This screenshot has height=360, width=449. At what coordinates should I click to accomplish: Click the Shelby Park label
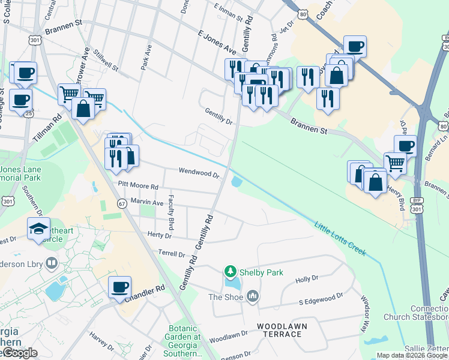coord(261,272)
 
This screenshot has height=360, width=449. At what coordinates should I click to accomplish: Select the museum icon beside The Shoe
coord(253,296)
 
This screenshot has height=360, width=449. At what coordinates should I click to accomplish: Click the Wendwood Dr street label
coord(199,173)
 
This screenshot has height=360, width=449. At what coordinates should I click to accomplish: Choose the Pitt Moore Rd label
coord(138,187)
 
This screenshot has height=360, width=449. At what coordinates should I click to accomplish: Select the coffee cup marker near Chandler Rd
coord(119,286)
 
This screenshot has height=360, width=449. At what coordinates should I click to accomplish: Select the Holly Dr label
coord(306,279)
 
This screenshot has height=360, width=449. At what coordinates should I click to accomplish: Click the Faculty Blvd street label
coord(171,212)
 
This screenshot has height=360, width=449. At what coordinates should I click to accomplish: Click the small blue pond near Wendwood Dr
coord(237,181)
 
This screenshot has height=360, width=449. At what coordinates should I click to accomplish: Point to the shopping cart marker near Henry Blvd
coord(395,163)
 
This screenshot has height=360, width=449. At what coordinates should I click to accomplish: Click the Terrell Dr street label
coord(172,254)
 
